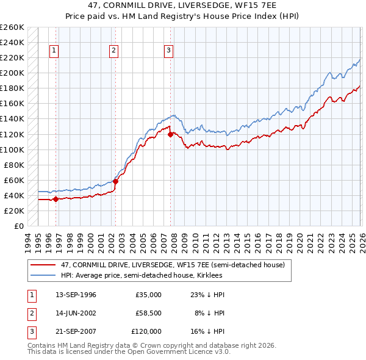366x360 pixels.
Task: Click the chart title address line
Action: (182, 6)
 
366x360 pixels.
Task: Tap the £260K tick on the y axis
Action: (12, 27)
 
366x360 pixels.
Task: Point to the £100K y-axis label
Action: (12, 149)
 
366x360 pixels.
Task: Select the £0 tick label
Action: (18, 226)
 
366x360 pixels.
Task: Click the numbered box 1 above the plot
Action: (55, 51)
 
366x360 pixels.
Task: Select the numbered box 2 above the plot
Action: (114, 51)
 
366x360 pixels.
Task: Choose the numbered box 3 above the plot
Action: (168, 51)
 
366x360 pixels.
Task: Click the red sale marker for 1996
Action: (56, 198)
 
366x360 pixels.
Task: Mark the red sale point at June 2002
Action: (115, 181)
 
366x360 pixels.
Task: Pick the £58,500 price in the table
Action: (148, 312)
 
